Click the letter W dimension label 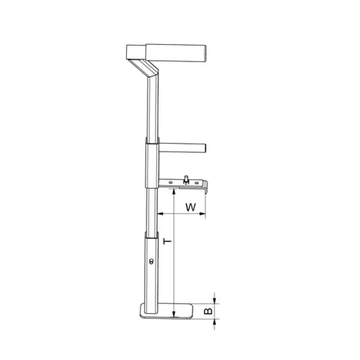pos(191,207)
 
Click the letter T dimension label pos(167,242)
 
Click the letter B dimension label pos(208,311)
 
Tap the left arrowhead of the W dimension pos(160,214)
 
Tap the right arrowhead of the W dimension pos(203,214)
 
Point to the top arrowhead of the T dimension pos(174,191)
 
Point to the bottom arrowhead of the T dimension pos(174,314)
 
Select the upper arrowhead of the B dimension pos(214,301)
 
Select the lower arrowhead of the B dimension pos(214,322)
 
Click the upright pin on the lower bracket pos(186,179)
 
